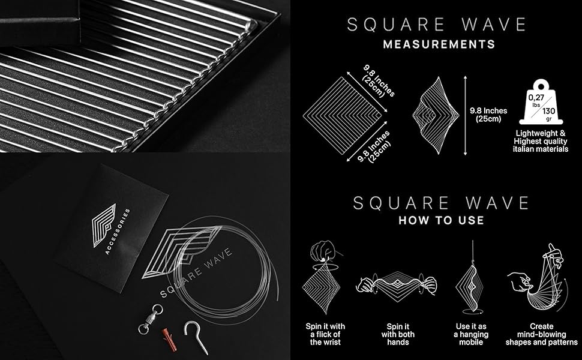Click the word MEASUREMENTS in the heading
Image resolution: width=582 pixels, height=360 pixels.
439,44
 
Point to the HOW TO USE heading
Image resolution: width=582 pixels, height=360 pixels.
441,220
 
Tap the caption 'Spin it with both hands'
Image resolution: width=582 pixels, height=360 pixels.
398,334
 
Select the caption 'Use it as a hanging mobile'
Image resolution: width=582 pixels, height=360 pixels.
471,334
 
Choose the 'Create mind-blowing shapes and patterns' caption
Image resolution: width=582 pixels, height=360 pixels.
541,334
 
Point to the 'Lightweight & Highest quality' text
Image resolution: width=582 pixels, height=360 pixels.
540,140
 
